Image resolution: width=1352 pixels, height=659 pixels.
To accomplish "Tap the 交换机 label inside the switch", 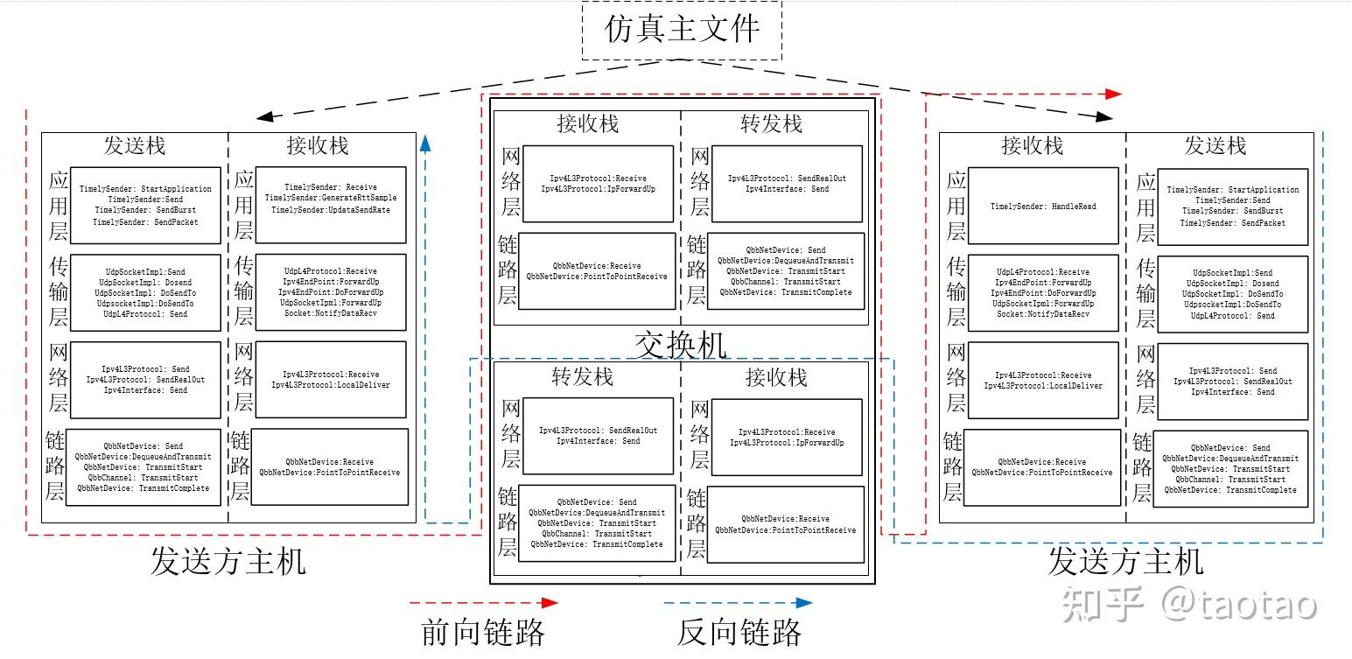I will coord(681,345).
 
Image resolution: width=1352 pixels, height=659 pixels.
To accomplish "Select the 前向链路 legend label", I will coord(483,632).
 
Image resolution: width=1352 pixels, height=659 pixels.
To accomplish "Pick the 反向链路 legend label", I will coord(739,632).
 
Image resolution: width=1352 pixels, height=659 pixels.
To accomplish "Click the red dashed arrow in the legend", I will coord(484,602).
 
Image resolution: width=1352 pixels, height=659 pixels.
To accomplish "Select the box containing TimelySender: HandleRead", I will coord(1043,207).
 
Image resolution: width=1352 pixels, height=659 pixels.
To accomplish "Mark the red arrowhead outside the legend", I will coord(1111,94).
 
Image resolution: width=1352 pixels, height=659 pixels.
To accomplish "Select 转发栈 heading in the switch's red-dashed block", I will coord(771,124).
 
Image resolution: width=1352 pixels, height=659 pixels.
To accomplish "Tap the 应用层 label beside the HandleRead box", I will coord(956,207).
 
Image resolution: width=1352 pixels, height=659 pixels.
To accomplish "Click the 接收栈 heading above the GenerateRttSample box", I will coord(318,145).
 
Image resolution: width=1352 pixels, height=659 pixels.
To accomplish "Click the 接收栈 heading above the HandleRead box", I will coord(1032,145).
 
